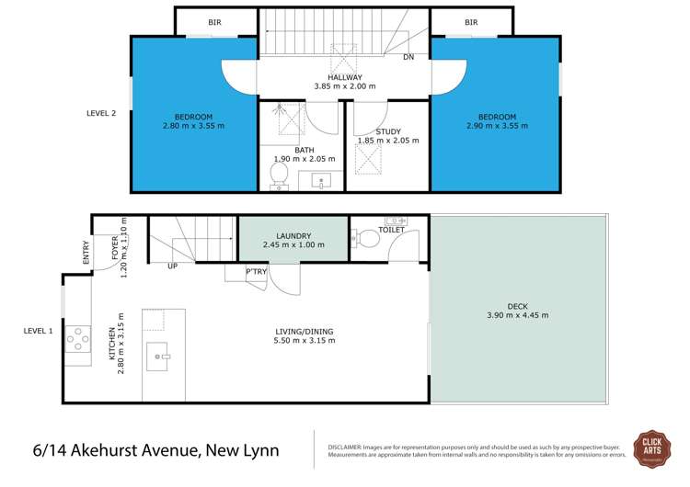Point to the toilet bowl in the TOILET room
tap(366, 240)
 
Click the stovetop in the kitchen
tap(77, 339)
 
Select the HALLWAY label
tap(345, 77)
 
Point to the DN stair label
tap(408, 57)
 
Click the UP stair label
tap(172, 266)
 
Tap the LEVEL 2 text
tap(101, 113)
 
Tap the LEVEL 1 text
tap(39, 330)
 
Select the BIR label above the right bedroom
tap(471, 22)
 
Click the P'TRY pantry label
tap(256, 272)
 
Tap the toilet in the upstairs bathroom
tap(280, 176)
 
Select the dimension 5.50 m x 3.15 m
tap(305, 340)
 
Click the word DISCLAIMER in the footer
tap(346, 445)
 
